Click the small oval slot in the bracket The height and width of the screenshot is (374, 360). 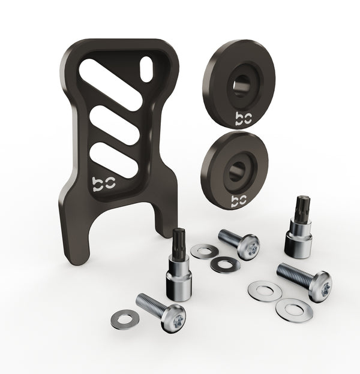146,69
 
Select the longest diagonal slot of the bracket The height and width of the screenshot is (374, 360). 110,84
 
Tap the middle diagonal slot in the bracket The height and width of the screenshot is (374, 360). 115,125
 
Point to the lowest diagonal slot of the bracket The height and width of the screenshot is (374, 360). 114,160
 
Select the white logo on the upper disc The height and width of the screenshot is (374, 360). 244,118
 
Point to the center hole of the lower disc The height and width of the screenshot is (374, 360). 237,171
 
